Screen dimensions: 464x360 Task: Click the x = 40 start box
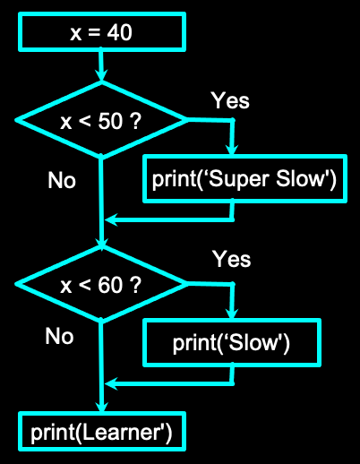100,33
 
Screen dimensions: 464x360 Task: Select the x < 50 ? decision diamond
101,121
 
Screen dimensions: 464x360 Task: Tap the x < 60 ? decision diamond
101,286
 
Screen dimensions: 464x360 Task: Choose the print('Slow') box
233,342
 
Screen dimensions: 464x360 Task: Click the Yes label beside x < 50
230,99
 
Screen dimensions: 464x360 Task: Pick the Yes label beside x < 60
232,260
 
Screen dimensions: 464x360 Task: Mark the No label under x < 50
62,180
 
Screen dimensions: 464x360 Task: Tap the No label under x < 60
59,336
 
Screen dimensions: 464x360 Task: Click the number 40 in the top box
116,33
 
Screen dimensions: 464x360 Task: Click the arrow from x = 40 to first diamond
102,67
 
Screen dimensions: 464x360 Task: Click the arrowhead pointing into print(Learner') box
102,407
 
